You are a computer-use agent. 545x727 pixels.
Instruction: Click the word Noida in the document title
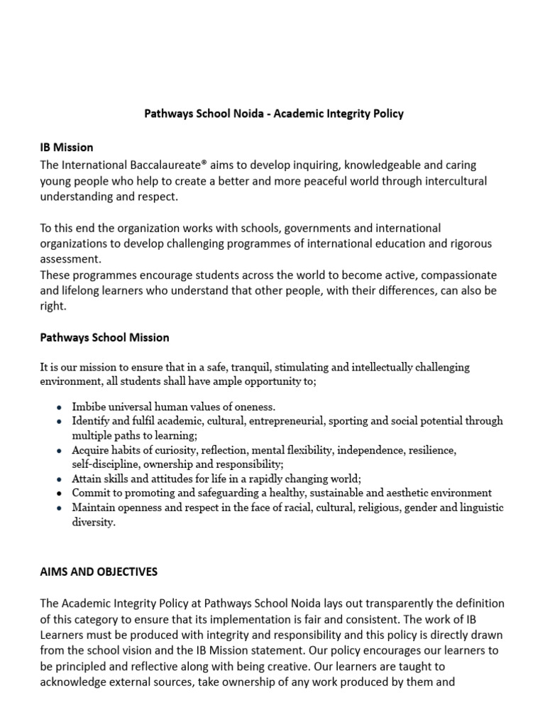point(240,114)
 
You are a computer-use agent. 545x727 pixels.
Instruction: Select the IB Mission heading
point(67,148)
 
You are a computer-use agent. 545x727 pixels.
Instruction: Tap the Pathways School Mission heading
point(104,337)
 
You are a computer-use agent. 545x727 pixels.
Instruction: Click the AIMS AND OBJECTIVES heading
point(99,572)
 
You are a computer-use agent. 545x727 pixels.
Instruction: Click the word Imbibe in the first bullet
point(89,407)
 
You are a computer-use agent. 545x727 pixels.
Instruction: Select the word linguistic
point(478,507)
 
